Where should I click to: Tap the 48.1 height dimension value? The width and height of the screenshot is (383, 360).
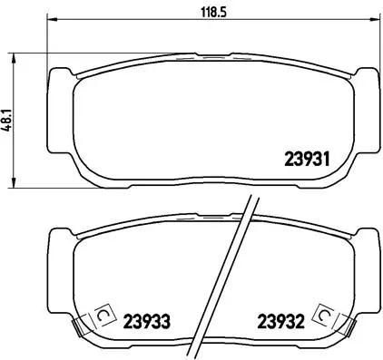(x=8, y=120)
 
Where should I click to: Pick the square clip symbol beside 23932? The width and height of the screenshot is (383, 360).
(x=320, y=314)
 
